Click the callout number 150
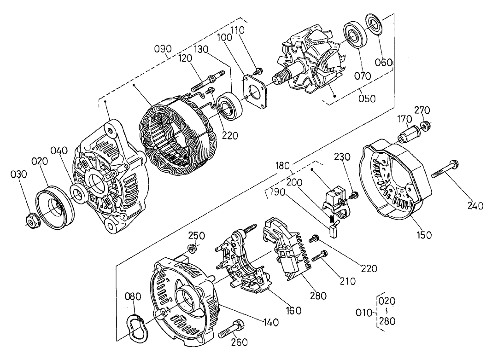click(424, 235)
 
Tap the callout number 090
click(163, 49)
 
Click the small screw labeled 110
click(259, 70)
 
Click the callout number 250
click(196, 236)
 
